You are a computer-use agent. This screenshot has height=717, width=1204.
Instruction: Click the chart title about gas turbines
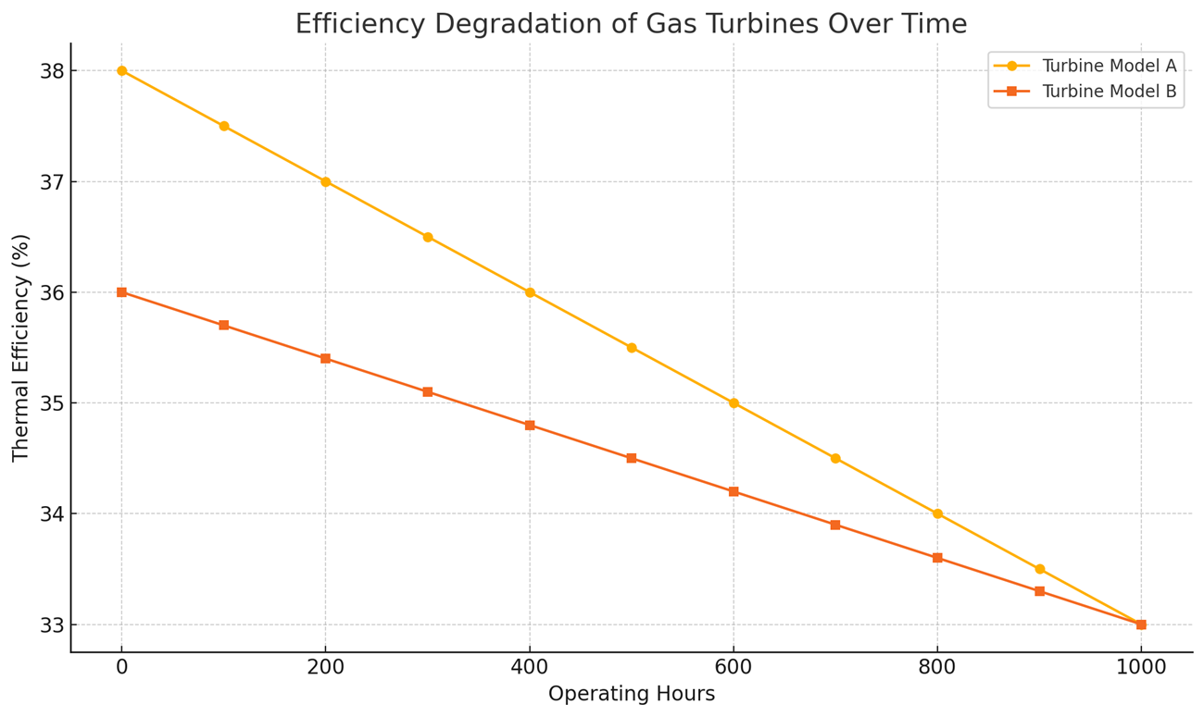tap(631, 24)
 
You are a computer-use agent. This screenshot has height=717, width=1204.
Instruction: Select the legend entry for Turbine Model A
tap(1109, 66)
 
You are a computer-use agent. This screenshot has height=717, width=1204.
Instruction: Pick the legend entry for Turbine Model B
tap(1109, 91)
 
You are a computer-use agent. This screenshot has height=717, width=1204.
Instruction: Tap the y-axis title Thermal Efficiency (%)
tap(21, 347)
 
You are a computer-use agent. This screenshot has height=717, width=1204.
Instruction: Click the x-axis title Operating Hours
tap(631, 694)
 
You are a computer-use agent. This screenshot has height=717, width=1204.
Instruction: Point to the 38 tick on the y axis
tap(50, 71)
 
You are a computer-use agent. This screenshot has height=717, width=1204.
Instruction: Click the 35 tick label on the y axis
tap(50, 403)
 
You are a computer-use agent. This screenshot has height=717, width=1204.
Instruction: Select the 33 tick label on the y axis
tap(50, 624)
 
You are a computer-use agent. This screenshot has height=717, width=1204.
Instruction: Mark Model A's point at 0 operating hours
tap(121, 71)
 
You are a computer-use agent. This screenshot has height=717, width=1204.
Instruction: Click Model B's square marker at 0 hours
tap(121, 292)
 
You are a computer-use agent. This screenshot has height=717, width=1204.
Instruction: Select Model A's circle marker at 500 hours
tap(632, 348)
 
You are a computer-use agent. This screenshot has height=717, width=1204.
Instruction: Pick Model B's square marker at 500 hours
tap(632, 458)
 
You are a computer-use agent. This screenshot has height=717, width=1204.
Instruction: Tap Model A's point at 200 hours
tap(325, 181)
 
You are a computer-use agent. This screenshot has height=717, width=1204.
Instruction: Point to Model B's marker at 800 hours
tap(937, 558)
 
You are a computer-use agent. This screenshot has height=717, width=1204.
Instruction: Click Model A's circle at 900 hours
tap(1039, 569)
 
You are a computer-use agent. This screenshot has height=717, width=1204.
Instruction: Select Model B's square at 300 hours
tap(428, 392)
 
